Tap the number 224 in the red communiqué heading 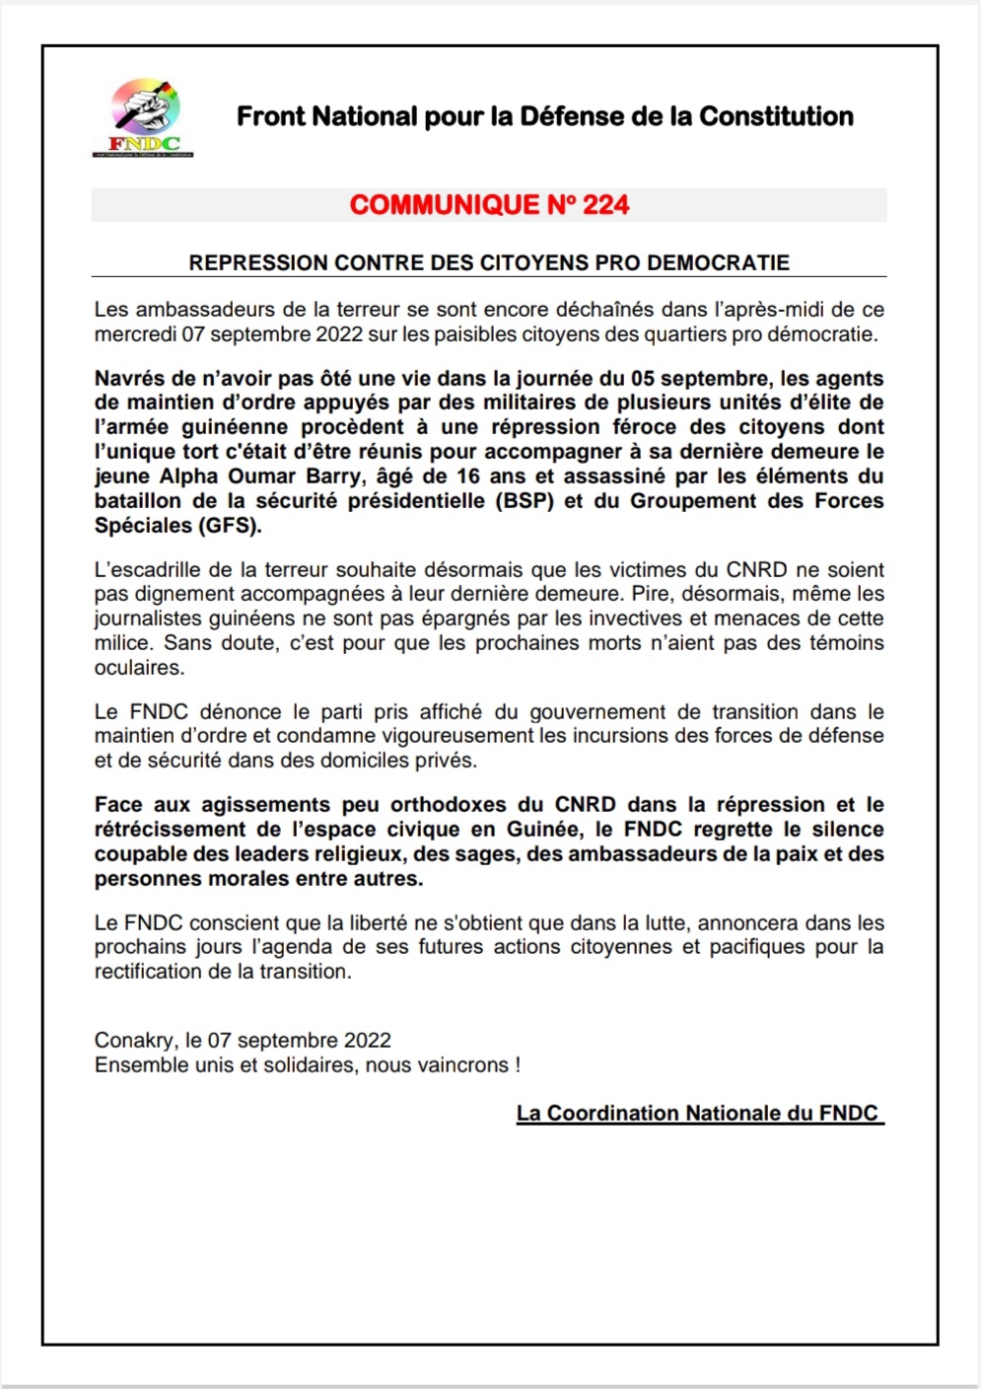point(605,205)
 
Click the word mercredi point(135,334)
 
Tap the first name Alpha point(192,476)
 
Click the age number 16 point(468,476)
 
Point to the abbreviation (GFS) point(231,526)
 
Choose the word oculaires point(139,668)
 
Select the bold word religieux point(356,854)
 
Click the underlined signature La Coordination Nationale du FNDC point(698,1114)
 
